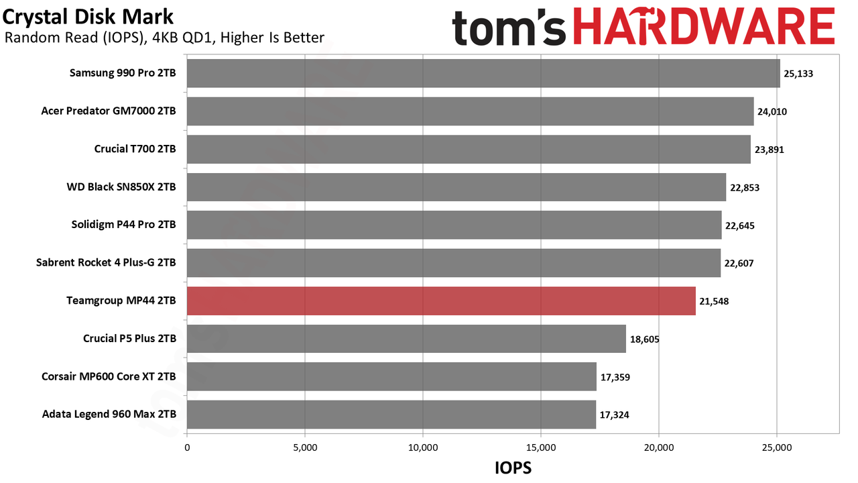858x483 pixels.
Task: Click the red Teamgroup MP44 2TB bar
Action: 441,301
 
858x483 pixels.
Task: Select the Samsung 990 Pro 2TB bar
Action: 483,73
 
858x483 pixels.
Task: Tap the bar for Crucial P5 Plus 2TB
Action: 406,339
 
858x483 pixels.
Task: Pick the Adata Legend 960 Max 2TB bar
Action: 391,415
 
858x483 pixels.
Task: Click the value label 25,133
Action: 798,74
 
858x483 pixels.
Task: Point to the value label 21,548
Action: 714,301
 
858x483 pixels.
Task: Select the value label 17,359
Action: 615,377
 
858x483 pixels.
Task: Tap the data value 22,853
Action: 745,188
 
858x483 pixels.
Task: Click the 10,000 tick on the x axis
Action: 423,447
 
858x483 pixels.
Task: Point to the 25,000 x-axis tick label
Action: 777,447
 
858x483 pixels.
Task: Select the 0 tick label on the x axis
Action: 187,447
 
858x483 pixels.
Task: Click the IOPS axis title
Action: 513,468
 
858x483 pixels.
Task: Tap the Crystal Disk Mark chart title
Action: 88,17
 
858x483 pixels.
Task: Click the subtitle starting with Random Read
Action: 164,38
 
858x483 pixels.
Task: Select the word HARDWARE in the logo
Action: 704,26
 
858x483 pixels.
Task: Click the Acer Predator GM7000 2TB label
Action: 109,111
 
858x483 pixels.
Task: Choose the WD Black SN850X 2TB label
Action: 121,187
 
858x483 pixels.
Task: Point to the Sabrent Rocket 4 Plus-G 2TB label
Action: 106,262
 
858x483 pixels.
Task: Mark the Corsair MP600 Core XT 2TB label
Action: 109,376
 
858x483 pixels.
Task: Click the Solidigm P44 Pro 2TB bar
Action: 454,225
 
